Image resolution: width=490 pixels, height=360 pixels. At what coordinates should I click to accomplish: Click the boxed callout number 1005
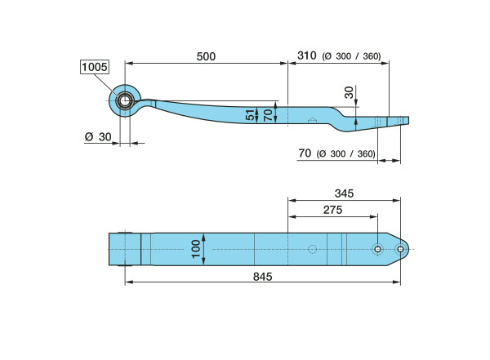coord(95,67)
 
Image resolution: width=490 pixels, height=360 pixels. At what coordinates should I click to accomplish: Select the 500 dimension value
coord(206,56)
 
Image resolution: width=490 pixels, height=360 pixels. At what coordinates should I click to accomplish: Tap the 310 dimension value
coord(306,56)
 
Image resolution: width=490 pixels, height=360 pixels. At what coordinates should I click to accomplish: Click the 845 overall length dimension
coord(262,277)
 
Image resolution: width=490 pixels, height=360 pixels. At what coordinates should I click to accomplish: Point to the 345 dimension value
coord(344,193)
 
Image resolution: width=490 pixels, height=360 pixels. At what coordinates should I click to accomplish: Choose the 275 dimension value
coord(333,210)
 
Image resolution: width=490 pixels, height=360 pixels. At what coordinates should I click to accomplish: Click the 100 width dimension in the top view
coord(196,249)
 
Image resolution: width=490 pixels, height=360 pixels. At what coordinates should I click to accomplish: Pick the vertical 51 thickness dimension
coord(250,114)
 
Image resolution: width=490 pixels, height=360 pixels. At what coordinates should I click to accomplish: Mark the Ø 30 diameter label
coord(98,137)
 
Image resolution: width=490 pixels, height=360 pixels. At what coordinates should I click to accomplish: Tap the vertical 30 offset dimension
coord(349,92)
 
